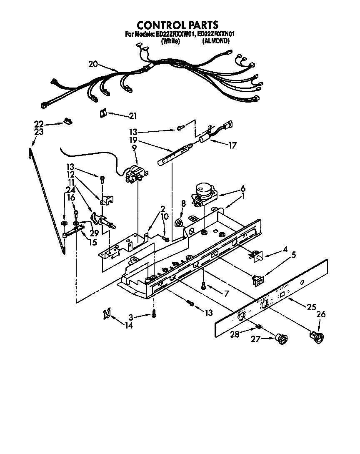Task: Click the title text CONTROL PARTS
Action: click(x=178, y=25)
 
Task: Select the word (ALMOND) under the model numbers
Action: click(x=215, y=41)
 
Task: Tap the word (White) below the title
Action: click(x=171, y=41)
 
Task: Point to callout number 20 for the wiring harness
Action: click(x=93, y=64)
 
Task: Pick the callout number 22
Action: click(x=39, y=124)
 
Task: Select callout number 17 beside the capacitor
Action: click(x=232, y=145)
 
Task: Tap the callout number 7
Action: click(x=226, y=293)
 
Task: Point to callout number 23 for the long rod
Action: click(x=39, y=132)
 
